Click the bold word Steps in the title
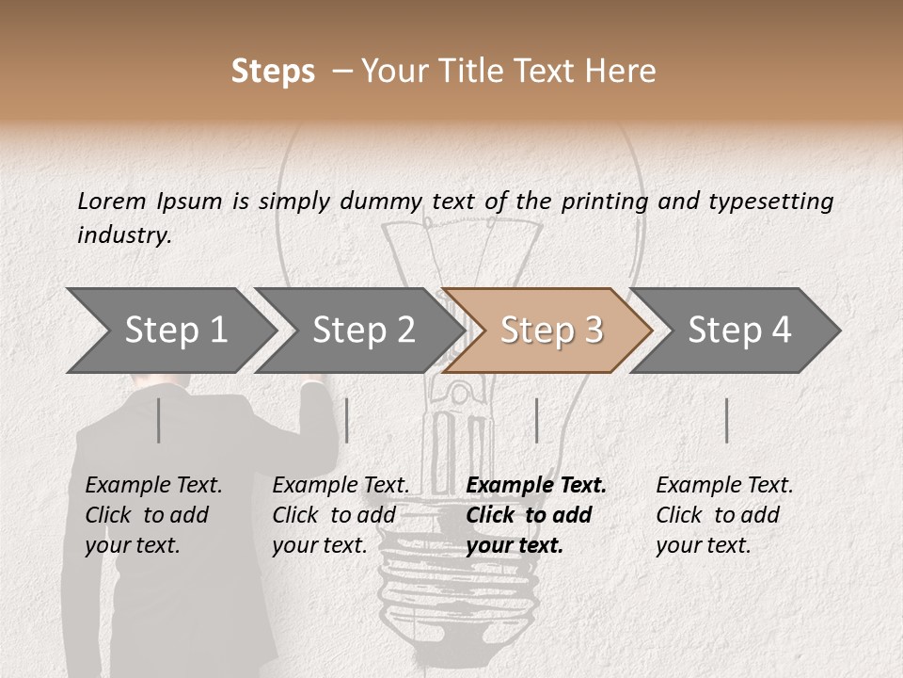273,72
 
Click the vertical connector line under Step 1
159,420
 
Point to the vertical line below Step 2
347,420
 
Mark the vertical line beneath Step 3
536,420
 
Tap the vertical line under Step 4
727,420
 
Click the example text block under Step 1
153,515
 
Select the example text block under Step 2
341,515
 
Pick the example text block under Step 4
724,515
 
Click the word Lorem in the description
112,201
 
